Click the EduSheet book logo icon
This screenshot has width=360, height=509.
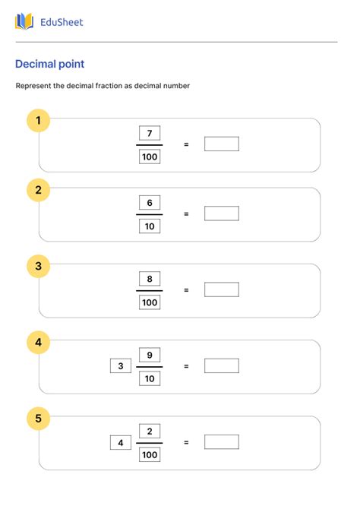click(x=24, y=21)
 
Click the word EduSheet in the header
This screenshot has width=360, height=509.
click(x=62, y=22)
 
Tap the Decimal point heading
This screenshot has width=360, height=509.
click(x=49, y=65)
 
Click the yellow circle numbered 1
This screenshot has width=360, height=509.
click(x=39, y=120)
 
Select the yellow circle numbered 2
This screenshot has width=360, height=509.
click(x=39, y=190)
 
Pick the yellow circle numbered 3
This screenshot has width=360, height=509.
click(x=39, y=266)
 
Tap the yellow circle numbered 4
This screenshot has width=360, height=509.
click(x=39, y=343)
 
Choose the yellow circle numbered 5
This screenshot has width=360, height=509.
click(x=39, y=418)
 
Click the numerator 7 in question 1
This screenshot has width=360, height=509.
click(x=150, y=134)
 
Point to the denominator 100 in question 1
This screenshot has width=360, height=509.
click(x=150, y=156)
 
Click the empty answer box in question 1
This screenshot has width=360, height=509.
click(x=221, y=144)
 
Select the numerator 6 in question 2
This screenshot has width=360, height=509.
click(x=150, y=203)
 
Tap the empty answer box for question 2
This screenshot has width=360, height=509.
click(x=221, y=213)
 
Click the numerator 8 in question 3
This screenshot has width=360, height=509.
click(x=150, y=279)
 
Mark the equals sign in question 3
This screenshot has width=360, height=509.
click(x=186, y=289)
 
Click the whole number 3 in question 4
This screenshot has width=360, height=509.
click(x=120, y=366)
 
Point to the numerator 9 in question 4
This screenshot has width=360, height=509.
click(x=150, y=355)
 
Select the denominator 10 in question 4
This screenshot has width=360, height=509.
click(x=150, y=378)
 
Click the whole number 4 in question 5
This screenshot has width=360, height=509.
click(x=120, y=442)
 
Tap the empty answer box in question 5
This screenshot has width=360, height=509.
click(x=221, y=441)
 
